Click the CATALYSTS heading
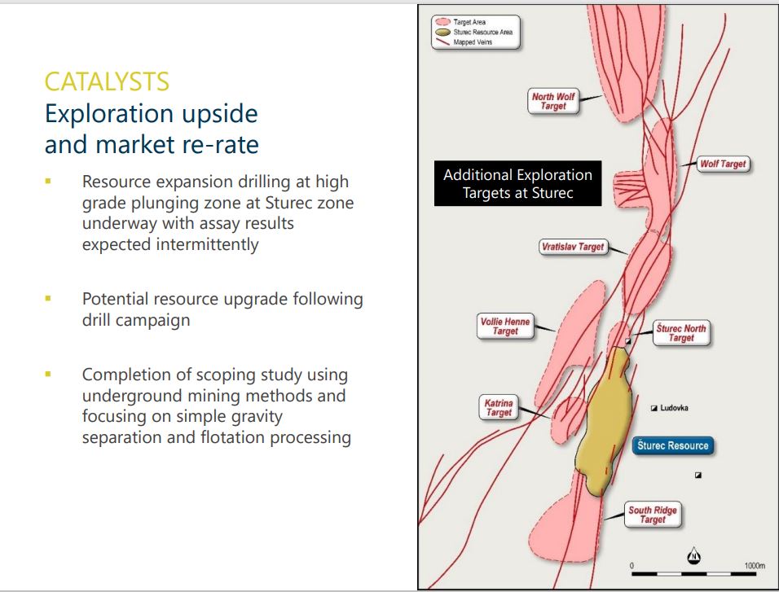pyautogui.click(x=107, y=81)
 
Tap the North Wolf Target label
pyautogui.click(x=553, y=101)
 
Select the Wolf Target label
pyautogui.click(x=723, y=164)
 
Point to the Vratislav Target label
pyautogui.click(x=574, y=247)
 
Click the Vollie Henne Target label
pyautogui.click(x=505, y=327)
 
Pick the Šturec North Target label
pyautogui.click(x=680, y=333)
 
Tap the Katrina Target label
pyautogui.click(x=499, y=408)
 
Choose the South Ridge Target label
pyautogui.click(x=653, y=515)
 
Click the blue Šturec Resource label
pyautogui.click(x=673, y=445)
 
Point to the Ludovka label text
pyautogui.click(x=674, y=408)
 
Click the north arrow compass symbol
pyautogui.click(x=693, y=556)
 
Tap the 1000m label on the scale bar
pyautogui.click(x=755, y=566)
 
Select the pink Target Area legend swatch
pyautogui.click(x=442, y=22)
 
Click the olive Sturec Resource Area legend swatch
pyautogui.click(x=442, y=33)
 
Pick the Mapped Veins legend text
pyautogui.click(x=473, y=42)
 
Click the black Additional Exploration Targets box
pyautogui.click(x=517, y=183)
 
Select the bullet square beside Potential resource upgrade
pyautogui.click(x=48, y=299)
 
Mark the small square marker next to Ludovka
pyautogui.click(x=654, y=408)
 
